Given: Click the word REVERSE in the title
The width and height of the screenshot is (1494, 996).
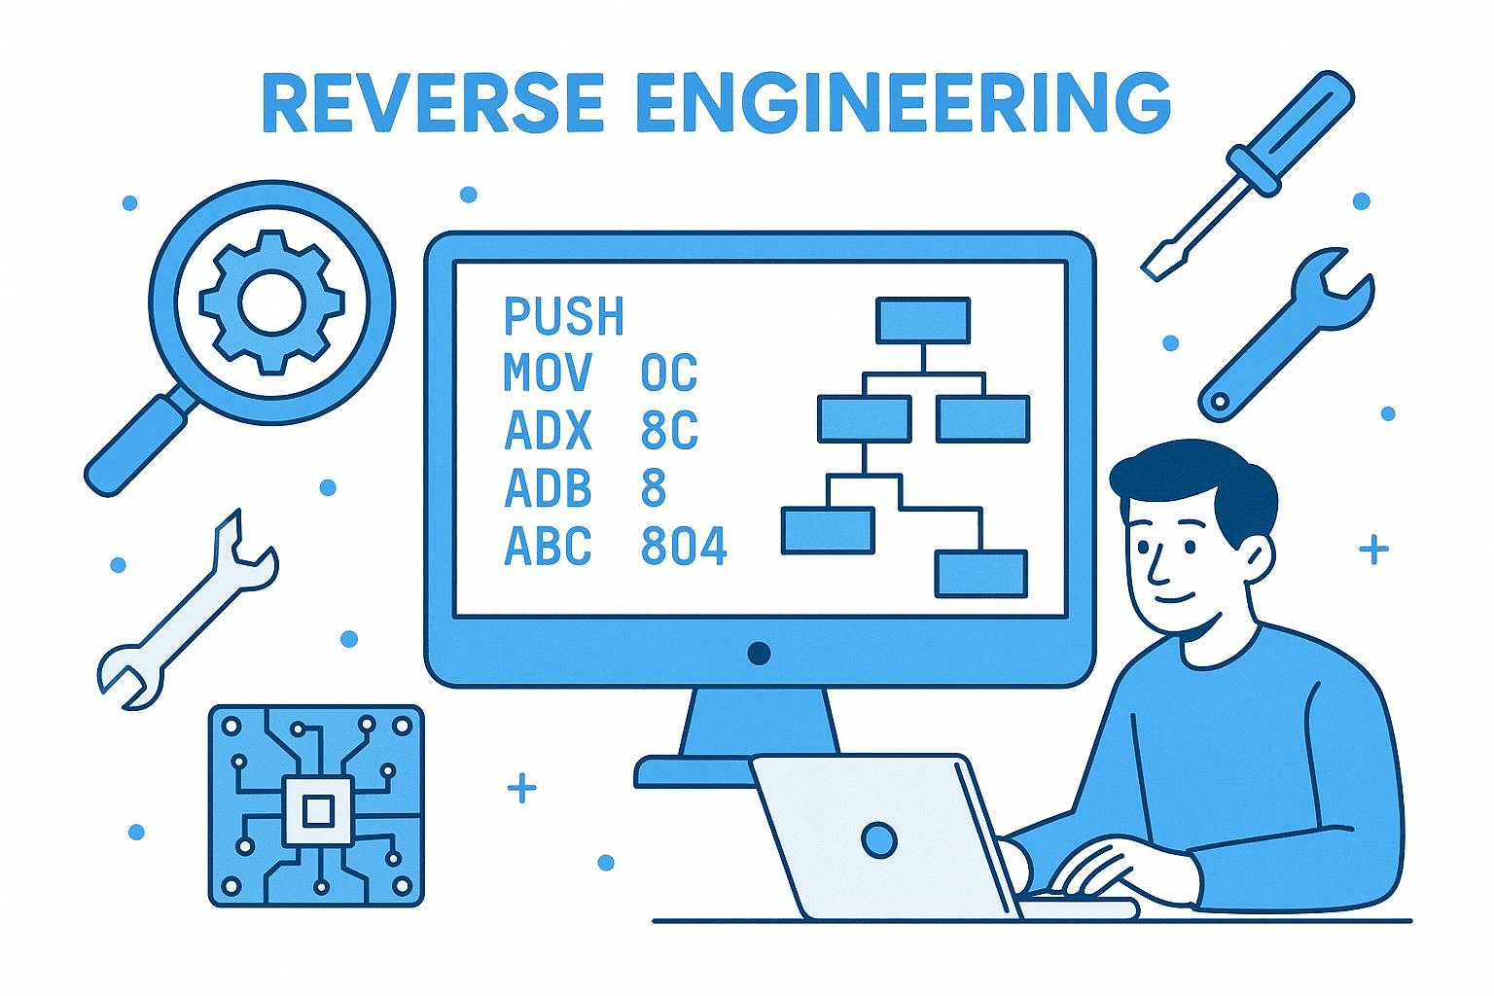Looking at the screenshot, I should (x=434, y=102).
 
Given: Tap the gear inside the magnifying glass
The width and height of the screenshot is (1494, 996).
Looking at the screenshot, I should (x=271, y=302).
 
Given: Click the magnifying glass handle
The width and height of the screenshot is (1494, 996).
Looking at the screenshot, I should (x=136, y=444).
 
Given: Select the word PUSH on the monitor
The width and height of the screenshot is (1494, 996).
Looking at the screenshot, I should (x=563, y=316).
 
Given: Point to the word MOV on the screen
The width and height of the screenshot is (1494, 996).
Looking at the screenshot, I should (x=548, y=373).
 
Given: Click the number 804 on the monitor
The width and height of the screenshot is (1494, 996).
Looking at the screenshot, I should (x=684, y=547).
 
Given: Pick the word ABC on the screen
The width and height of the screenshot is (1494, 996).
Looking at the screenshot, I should (x=548, y=547).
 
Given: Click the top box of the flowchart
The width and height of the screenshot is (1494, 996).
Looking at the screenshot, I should (x=923, y=320).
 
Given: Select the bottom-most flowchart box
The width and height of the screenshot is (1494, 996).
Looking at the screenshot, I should (x=980, y=573).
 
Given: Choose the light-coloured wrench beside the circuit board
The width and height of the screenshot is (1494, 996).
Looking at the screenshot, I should (x=185, y=613).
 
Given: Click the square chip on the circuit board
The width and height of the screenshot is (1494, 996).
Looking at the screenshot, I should (x=317, y=810).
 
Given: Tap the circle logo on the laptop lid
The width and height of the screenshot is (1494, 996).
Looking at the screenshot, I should (x=879, y=839).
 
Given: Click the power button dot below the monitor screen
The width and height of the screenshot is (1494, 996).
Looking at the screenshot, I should (x=759, y=653).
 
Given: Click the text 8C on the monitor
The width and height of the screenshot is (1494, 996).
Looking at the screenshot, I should (x=669, y=431).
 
